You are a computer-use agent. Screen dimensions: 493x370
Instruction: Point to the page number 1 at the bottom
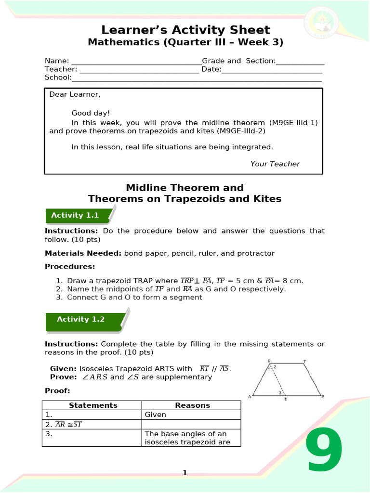[185, 473]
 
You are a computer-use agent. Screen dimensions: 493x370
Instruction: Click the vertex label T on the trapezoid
[304, 361]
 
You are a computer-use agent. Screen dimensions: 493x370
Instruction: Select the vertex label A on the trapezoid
[249, 397]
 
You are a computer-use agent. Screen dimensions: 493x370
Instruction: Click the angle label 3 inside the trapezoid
[280, 392]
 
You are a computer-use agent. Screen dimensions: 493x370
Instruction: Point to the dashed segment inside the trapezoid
[277, 380]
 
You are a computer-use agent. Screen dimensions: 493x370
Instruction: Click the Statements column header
[93, 405]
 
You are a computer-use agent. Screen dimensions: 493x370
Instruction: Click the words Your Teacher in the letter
[275, 164]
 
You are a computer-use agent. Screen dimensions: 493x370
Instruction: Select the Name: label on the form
[57, 61]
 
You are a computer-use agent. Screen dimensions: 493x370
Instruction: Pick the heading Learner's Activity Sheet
[185, 30]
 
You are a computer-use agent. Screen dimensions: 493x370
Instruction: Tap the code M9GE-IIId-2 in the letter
[240, 130]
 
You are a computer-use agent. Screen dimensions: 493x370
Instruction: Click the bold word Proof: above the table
[57, 390]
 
